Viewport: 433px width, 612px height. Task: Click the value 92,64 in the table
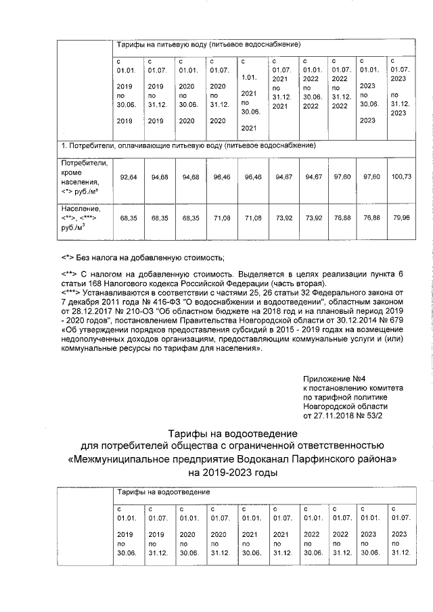coord(129,177)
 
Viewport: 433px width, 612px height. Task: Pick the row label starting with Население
coord(81,209)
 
